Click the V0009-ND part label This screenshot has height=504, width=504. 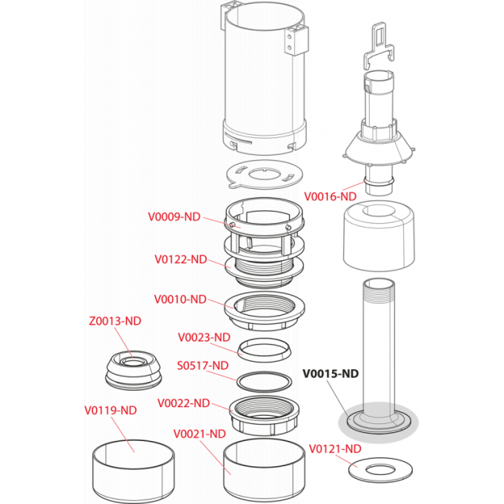174,217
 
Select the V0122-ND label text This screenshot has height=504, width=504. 181,259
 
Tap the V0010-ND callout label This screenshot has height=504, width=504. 180,299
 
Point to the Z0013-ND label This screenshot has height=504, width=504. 114,321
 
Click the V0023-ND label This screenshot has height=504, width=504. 205,337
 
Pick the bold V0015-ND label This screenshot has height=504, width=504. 331,374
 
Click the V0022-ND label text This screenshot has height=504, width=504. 184,403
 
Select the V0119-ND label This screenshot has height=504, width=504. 110,410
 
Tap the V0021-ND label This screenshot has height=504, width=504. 199,433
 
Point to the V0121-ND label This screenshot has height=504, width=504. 335,448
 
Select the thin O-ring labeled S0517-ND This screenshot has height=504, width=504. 263,382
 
